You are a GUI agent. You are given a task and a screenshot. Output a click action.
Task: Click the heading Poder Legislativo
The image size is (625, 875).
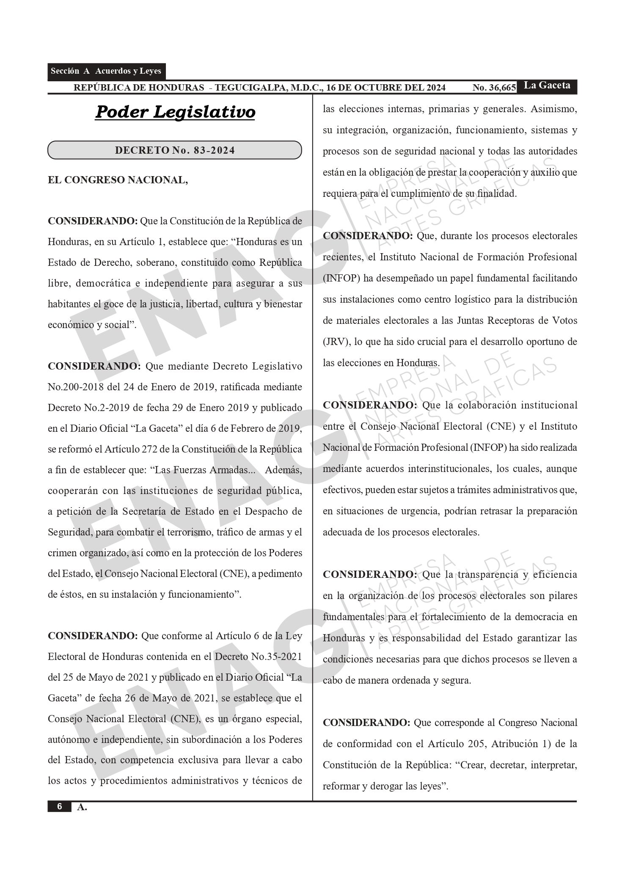[x=175, y=112]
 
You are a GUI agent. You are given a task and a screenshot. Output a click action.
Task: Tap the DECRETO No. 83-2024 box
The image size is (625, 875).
[x=175, y=150]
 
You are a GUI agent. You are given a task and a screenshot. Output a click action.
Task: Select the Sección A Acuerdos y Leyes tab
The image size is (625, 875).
[x=106, y=71]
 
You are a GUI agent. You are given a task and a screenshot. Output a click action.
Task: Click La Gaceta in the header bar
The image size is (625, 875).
[x=547, y=86]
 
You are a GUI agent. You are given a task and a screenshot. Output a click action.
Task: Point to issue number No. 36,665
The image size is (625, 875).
[x=494, y=88]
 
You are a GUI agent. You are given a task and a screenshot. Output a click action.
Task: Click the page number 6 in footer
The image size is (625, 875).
[x=59, y=806]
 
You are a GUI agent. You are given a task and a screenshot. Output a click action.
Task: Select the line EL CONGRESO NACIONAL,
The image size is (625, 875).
[x=118, y=180]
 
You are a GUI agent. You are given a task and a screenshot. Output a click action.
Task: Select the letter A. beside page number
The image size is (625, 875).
[x=82, y=807]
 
